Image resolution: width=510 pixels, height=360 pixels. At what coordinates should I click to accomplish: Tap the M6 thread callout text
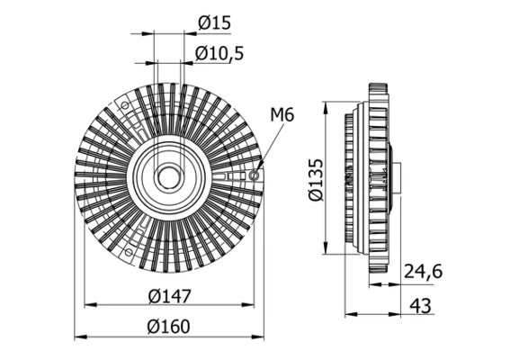[x=282, y=114]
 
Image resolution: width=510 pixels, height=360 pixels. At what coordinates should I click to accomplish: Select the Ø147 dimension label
[x=169, y=294]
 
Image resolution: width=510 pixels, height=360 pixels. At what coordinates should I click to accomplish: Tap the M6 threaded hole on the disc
[x=255, y=175]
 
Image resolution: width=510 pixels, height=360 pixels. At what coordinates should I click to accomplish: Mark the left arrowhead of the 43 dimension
[x=350, y=314]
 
